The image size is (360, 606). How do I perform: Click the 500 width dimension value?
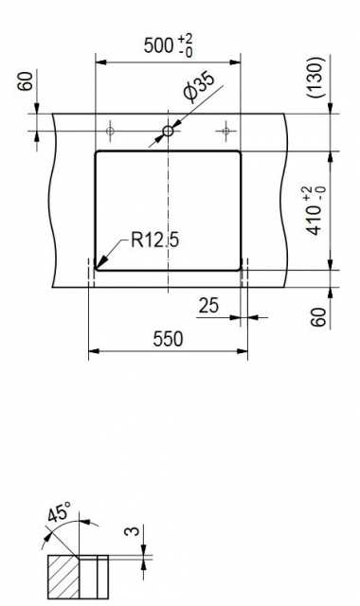[x=158, y=45]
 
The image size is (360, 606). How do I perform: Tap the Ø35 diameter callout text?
[x=198, y=88]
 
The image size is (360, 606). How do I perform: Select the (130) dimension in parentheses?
[x=315, y=78]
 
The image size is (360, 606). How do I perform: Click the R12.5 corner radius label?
[x=154, y=240]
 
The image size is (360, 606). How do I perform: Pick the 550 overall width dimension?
[x=168, y=339]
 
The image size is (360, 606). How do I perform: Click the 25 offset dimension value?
[x=208, y=305]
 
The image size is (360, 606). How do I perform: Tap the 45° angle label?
[x=59, y=513]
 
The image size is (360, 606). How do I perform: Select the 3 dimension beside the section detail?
[x=132, y=531]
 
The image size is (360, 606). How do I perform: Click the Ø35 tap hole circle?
[x=168, y=131]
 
